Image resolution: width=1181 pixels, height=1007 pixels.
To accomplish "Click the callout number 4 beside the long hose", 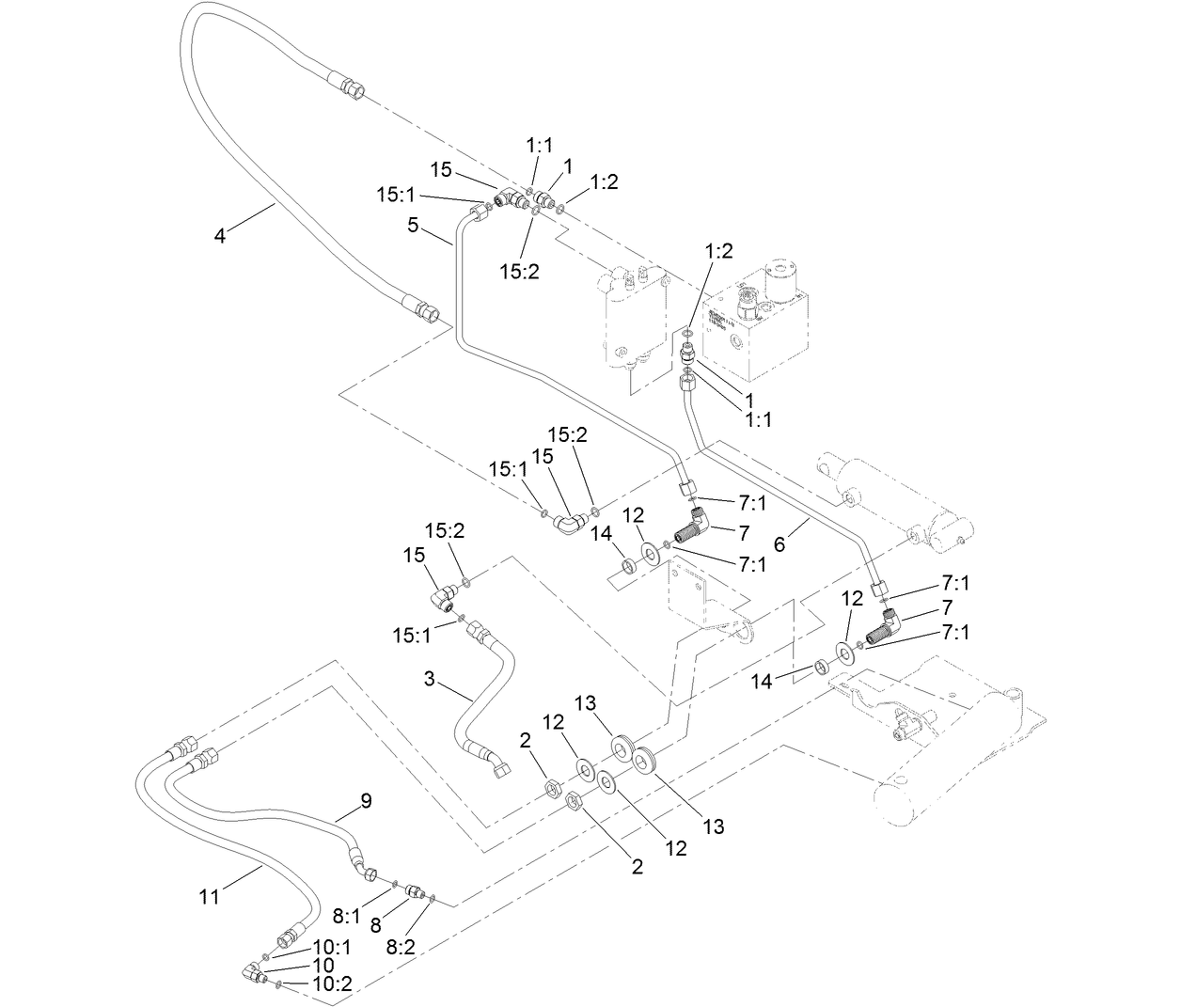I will [220, 236].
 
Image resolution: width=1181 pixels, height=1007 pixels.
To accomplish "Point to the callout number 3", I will [429, 679].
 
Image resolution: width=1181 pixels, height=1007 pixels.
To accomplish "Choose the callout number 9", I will [366, 801].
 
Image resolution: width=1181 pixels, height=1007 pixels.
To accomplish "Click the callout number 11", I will [209, 897].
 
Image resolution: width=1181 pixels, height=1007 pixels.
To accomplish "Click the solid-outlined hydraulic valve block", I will [757, 320].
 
